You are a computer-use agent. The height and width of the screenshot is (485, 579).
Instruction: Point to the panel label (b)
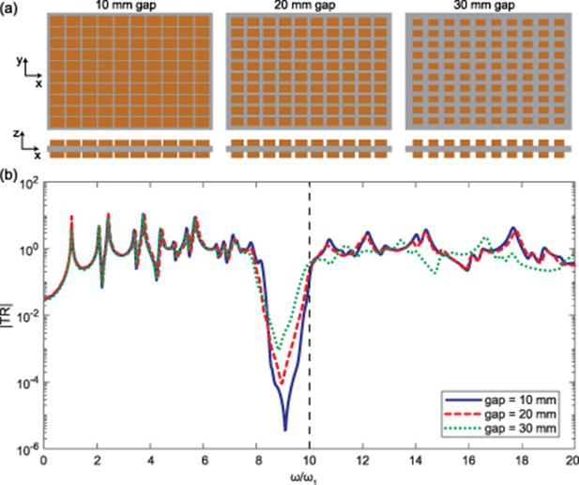(x=10, y=174)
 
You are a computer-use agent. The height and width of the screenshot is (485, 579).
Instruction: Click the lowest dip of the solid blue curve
(x=284, y=430)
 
